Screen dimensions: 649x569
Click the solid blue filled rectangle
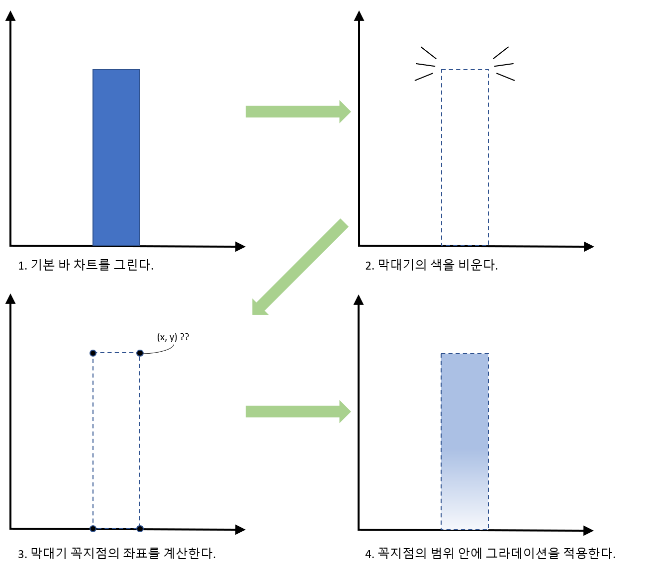point(116,157)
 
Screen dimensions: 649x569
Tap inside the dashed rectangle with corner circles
point(116,441)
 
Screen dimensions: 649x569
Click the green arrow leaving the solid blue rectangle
point(293,111)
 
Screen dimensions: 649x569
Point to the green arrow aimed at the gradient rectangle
point(293,411)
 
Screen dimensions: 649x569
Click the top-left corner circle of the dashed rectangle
point(93,353)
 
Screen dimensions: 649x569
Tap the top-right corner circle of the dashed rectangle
point(140,353)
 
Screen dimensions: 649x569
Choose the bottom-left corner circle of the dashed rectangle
point(93,529)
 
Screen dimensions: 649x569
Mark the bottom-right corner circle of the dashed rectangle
point(140,529)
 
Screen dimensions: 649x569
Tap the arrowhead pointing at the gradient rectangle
point(345,411)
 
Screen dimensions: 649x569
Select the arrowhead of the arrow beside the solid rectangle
point(345,111)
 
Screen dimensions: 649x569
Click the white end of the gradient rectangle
point(464,522)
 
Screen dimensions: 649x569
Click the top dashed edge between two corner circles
point(116,353)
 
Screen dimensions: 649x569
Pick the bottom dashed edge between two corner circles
point(116,529)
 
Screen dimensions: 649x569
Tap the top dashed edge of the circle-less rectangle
point(465,70)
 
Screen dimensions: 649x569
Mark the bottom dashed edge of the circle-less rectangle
point(465,245)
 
